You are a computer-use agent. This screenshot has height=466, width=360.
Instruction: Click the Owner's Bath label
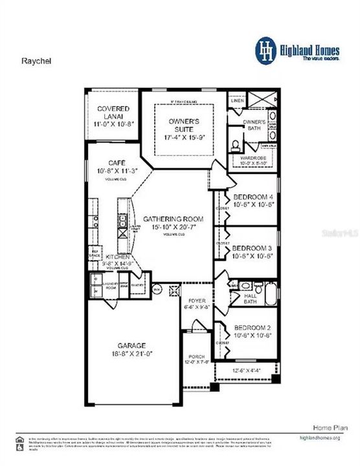click(x=254, y=125)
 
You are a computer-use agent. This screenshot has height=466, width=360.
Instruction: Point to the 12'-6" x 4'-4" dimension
click(x=247, y=370)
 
